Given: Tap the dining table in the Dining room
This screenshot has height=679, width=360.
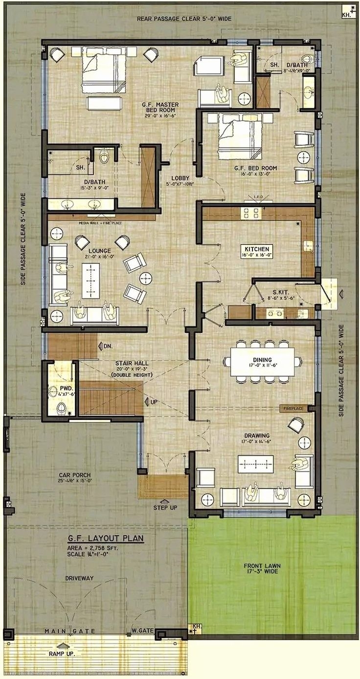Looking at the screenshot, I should (x=263, y=361).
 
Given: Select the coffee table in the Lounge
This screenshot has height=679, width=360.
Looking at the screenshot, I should (x=90, y=281).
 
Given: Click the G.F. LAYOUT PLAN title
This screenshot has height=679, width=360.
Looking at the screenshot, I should (x=105, y=539).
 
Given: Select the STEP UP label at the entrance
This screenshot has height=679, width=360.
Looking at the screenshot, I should (x=165, y=508).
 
